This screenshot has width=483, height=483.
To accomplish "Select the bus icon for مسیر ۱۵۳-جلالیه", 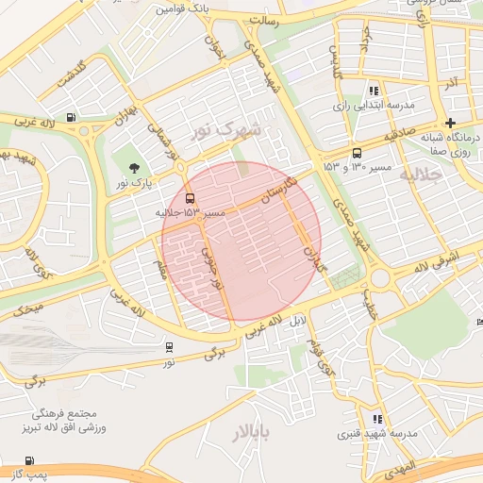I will (x=192, y=199).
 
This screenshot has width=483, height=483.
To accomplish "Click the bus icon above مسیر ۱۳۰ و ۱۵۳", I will (x=357, y=153).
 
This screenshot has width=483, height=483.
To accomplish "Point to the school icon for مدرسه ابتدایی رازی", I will (x=375, y=92).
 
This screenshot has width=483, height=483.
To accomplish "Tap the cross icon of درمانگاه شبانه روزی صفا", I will (x=451, y=123).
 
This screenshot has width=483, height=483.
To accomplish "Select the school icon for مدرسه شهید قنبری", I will (x=378, y=418).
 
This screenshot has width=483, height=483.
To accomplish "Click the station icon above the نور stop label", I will (x=169, y=347).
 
